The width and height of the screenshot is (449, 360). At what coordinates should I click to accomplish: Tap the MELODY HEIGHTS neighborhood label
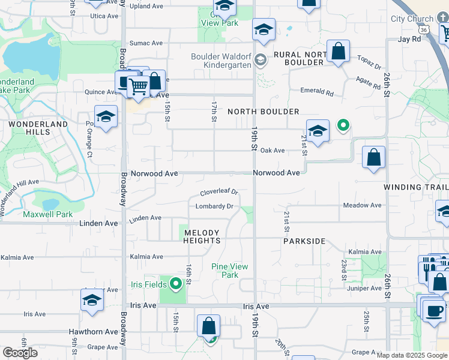[x=202, y=236]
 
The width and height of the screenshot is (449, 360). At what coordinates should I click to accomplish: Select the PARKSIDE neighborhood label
[x=304, y=241]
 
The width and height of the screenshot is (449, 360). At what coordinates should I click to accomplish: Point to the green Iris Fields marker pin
[x=175, y=283]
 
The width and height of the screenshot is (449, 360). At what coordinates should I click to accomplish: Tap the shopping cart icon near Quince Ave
[x=139, y=87]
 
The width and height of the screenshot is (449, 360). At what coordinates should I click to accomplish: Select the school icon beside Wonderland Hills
[x=106, y=117]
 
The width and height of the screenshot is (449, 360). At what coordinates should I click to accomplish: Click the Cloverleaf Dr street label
[x=219, y=193]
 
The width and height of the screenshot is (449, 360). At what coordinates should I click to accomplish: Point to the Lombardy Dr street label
[x=214, y=206]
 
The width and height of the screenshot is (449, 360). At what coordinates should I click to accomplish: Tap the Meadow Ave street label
[x=362, y=205]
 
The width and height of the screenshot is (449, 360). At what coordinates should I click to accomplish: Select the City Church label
[x=412, y=19]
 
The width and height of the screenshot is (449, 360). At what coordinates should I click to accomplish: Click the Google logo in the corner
[x=20, y=353]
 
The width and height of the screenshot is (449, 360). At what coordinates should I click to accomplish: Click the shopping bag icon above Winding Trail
[x=373, y=158]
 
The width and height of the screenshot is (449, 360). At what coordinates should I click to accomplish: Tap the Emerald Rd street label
[x=317, y=92]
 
